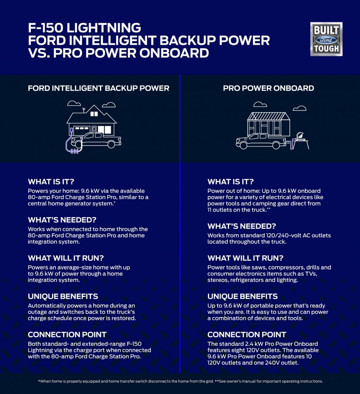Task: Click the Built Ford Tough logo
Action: point(326,39)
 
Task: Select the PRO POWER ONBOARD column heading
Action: point(269,88)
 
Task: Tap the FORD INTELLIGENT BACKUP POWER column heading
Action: point(98,88)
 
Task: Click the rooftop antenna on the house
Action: point(84,110)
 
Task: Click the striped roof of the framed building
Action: point(269,116)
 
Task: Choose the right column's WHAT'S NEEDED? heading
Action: point(241,226)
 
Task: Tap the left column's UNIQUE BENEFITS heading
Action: point(63,296)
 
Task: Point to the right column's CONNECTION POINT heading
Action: point(246,334)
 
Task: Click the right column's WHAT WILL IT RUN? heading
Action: point(246,258)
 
